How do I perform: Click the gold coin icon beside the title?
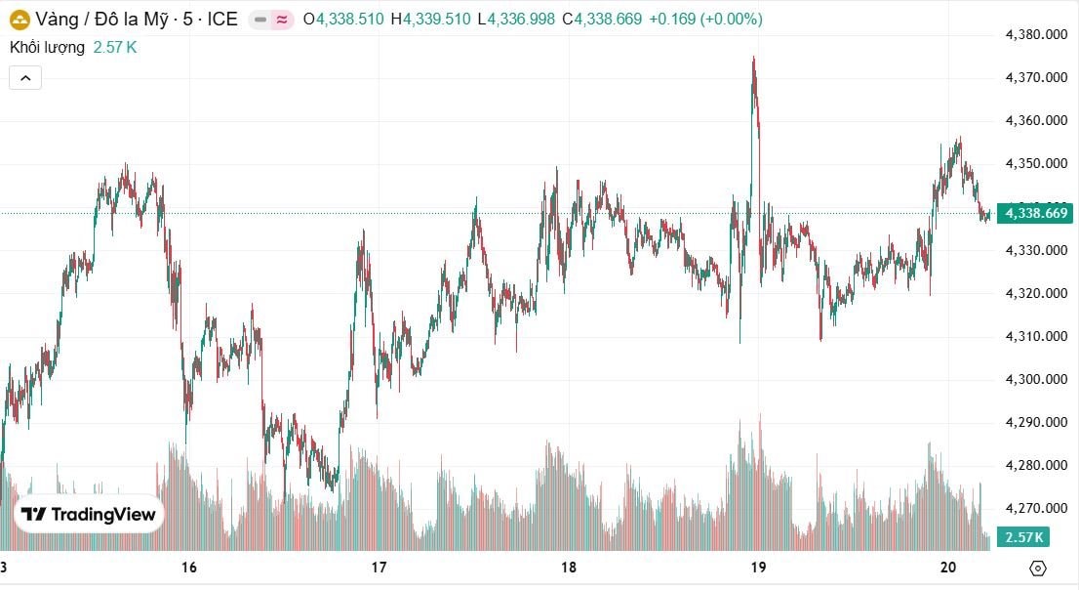(20, 19)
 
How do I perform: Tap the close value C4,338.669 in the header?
(602, 19)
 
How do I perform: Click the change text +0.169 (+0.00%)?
(705, 19)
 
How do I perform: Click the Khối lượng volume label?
(47, 47)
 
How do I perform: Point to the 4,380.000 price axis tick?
(1037, 35)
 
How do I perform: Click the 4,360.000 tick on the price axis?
(1037, 121)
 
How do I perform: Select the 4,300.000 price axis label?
(1037, 379)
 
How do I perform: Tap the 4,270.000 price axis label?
(1037, 508)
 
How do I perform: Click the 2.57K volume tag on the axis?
(1024, 537)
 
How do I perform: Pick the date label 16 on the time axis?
(189, 568)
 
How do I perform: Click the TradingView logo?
(89, 515)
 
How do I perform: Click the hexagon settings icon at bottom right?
(1038, 568)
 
